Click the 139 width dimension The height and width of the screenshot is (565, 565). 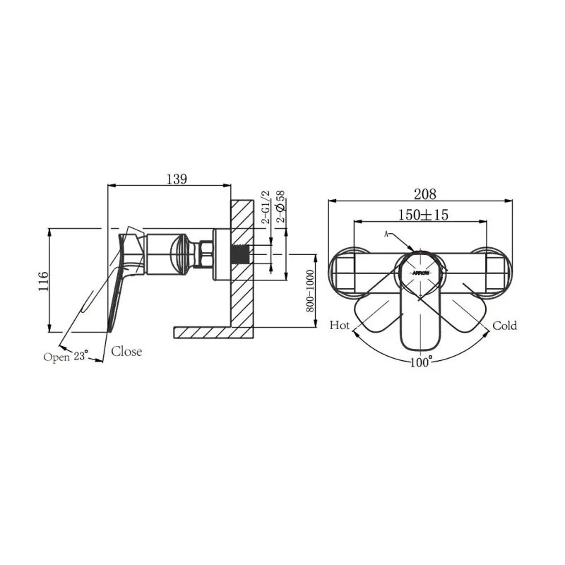pyautogui.click(x=177, y=179)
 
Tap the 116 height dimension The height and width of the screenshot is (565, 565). pyautogui.click(x=43, y=281)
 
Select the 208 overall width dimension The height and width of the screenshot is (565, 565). pyautogui.click(x=425, y=194)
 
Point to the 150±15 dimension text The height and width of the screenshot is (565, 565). pyautogui.click(x=423, y=215)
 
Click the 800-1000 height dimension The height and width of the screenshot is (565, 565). pyautogui.click(x=310, y=291)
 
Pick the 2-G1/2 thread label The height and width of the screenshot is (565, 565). pyautogui.click(x=266, y=207)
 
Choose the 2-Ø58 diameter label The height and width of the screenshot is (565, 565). pyautogui.click(x=280, y=206)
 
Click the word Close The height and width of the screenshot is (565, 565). pyautogui.click(x=126, y=351)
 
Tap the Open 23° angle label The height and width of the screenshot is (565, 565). pyautogui.click(x=66, y=357)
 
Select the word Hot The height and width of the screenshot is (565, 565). pyautogui.click(x=340, y=326)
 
